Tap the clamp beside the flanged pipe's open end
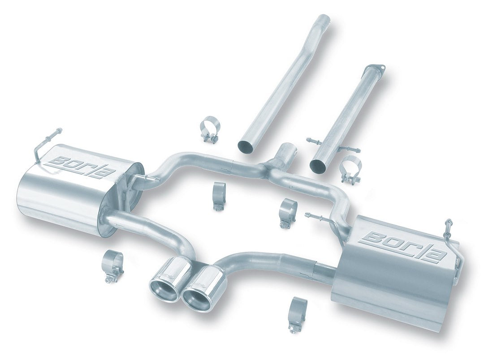[x=351, y=169]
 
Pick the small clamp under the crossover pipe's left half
[x=219, y=195]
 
